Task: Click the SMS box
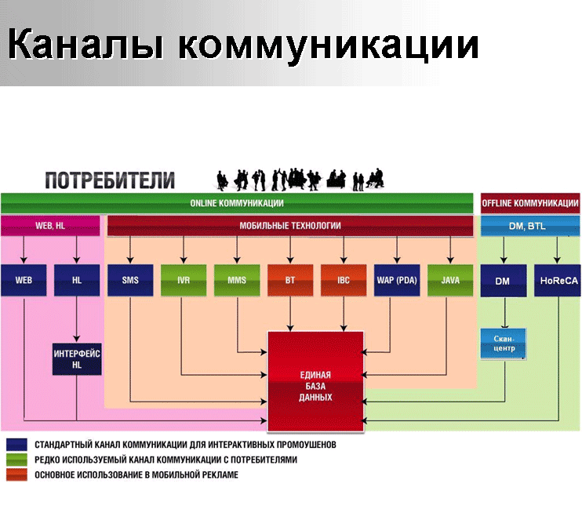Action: pyautogui.click(x=130, y=280)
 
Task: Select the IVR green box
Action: pyautogui.click(x=184, y=280)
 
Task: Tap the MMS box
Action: pyautogui.click(x=237, y=280)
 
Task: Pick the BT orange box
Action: pyautogui.click(x=290, y=280)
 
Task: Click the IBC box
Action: pyautogui.click(x=344, y=280)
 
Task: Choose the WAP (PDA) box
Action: pyautogui.click(x=397, y=280)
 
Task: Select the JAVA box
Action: pyautogui.click(x=450, y=280)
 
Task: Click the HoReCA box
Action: pyautogui.click(x=558, y=280)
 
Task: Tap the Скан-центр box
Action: pyautogui.click(x=504, y=343)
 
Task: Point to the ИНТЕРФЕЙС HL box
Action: pyautogui.click(x=77, y=359)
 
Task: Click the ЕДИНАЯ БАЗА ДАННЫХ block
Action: pyautogui.click(x=315, y=381)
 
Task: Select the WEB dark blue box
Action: pyautogui.click(x=24, y=280)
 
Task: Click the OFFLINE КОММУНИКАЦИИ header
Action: pyautogui.click(x=530, y=203)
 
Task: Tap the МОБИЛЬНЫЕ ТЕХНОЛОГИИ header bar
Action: pyautogui.click(x=290, y=226)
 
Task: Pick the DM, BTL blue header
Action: pyautogui.click(x=530, y=226)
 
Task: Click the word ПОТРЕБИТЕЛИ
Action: pyautogui.click(x=110, y=180)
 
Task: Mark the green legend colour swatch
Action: pyautogui.click(x=16, y=460)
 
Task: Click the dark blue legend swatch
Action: pyautogui.click(x=16, y=445)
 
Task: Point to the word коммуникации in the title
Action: pyautogui.click(x=329, y=45)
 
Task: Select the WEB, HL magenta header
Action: pyautogui.click(x=50, y=226)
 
